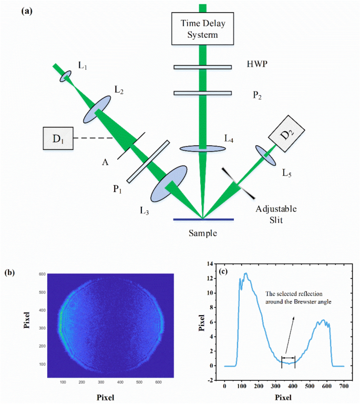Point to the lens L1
(x=66, y=77)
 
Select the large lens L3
(x=169, y=183)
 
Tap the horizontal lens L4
(x=203, y=149)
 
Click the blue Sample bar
(x=203, y=218)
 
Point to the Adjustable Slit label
(x=276, y=215)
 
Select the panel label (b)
(x=10, y=272)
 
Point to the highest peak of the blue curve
(x=245, y=274)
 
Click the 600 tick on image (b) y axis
(x=41, y=274)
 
